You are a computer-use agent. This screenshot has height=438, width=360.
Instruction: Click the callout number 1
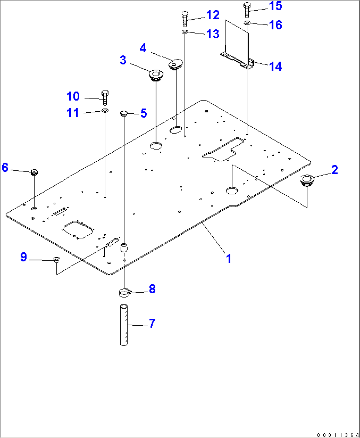coord(229,258)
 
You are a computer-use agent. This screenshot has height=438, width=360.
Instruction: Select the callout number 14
coord(275,66)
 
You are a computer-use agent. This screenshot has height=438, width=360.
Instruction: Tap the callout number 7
coord(152,323)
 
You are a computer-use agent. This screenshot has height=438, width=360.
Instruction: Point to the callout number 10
coord(73,96)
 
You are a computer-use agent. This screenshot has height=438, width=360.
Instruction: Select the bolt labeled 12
coord(185,19)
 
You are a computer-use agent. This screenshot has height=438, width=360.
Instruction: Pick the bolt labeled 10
coord(105,97)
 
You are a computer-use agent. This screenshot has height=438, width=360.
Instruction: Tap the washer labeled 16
coord(247,23)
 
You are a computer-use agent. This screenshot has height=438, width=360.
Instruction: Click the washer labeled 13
coord(185,32)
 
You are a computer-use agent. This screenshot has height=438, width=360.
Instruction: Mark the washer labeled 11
coord(105,110)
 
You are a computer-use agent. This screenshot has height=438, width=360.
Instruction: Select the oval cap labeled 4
coord(175,64)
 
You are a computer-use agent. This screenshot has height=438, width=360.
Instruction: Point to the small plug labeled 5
coord(124,114)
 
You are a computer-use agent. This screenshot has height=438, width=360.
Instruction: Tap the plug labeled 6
coord(34,172)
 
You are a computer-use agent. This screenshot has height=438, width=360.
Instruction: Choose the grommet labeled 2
coord(306,181)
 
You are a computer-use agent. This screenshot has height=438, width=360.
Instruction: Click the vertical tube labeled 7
coord(124,325)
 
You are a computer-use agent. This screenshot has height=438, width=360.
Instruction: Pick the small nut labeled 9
coord(56,259)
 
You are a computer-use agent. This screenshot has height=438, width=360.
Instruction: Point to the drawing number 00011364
coord(338,435)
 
